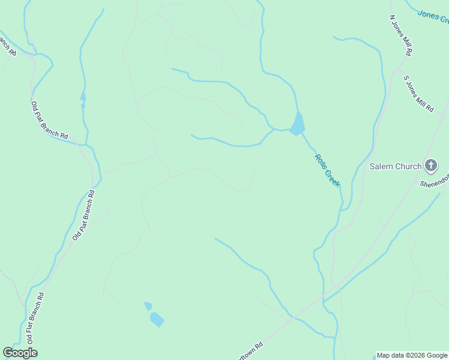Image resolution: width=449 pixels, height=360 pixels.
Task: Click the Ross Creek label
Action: click(x=327, y=170)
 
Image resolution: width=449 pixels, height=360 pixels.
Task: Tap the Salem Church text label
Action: click(x=395, y=166)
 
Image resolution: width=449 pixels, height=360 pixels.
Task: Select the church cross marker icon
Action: click(x=430, y=165)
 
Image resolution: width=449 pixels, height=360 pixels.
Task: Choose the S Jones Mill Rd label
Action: click(x=418, y=94)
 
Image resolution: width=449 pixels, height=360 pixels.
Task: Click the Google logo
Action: click(x=20, y=353)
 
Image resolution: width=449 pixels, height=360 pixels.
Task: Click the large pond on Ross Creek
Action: click(x=297, y=124)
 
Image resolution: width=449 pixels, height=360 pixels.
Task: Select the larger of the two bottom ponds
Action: click(x=157, y=319)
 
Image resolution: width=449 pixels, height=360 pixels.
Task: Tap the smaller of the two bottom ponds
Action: click(x=148, y=306)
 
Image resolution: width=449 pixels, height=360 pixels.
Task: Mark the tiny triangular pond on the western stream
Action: click(x=83, y=96)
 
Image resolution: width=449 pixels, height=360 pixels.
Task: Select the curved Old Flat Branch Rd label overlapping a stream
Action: click(x=50, y=120)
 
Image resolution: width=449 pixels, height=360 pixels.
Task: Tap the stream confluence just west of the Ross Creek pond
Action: click(x=273, y=129)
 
